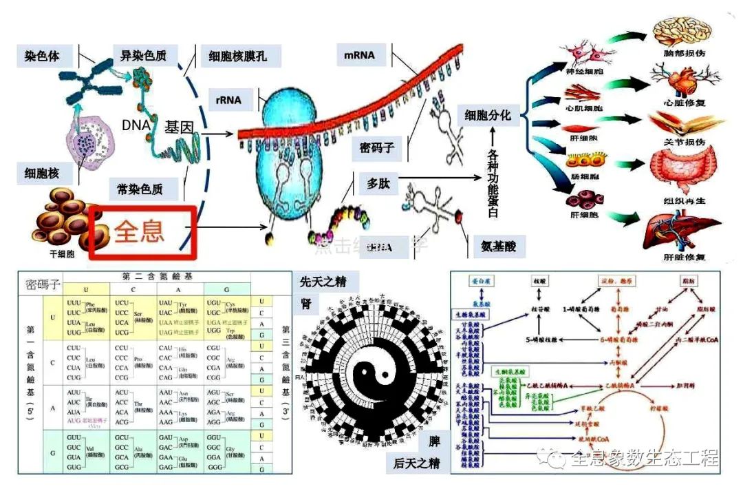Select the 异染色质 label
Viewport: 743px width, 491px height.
[x=144, y=56]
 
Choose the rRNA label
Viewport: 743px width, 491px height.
[x=230, y=100]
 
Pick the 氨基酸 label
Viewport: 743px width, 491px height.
[x=494, y=245]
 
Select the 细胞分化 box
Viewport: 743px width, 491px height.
[x=488, y=115]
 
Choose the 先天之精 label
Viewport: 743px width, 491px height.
[x=322, y=281]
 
